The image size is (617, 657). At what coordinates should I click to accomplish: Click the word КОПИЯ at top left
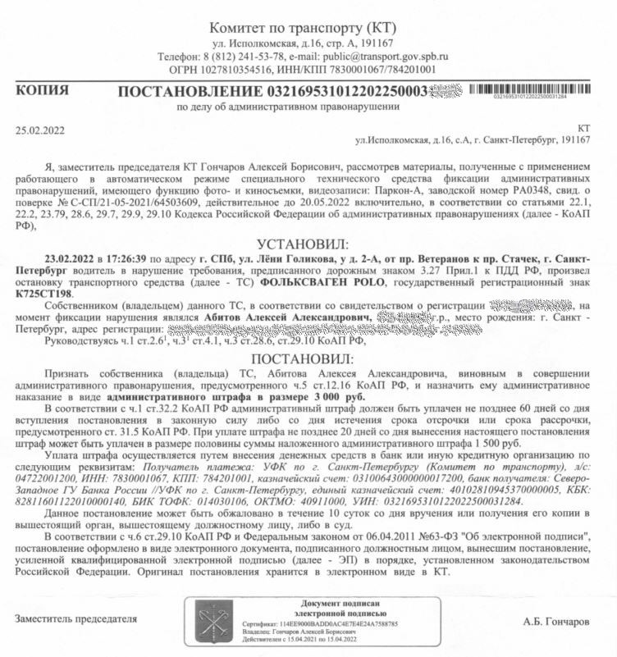pyautogui.click(x=41, y=90)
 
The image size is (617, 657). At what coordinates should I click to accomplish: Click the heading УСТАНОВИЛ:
pyautogui.click(x=304, y=244)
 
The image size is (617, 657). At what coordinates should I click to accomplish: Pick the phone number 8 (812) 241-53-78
pyautogui.click(x=243, y=56)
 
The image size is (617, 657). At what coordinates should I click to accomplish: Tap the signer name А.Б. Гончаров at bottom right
pyautogui.click(x=555, y=621)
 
